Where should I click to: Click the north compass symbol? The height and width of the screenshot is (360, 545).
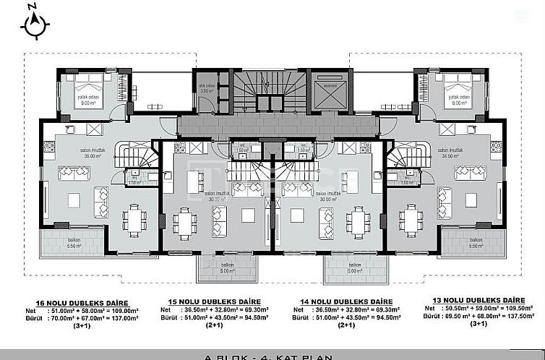click(33, 23)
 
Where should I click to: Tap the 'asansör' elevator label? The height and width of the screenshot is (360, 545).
click(330, 85)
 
